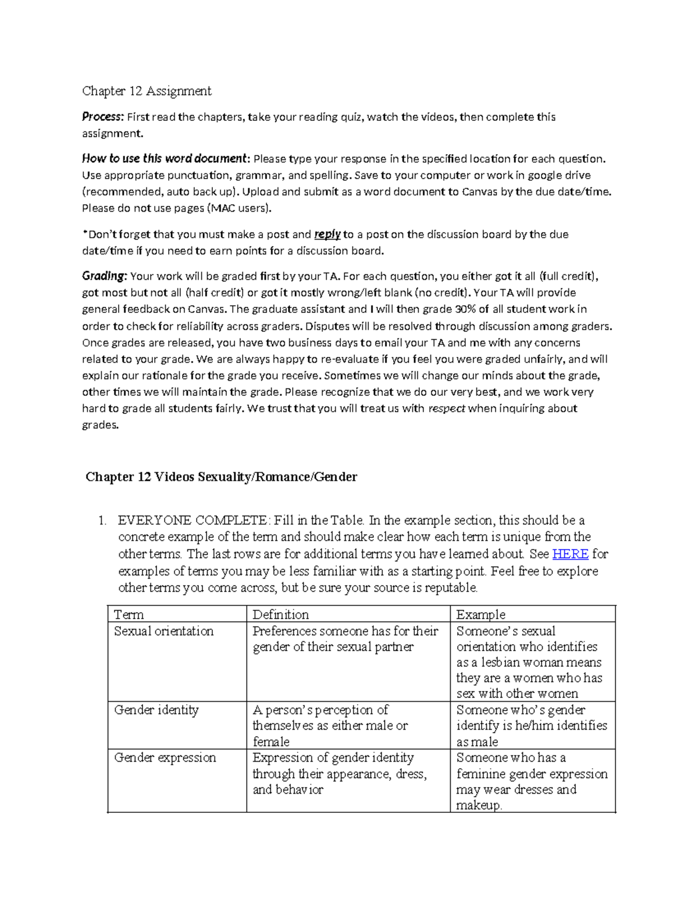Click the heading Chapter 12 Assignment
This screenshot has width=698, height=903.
pos(147,91)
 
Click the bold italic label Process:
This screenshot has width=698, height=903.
pos(103,117)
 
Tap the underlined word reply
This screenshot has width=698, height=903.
pos(327,234)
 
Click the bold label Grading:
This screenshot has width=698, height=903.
pos(104,276)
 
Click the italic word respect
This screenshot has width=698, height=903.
pos(446,409)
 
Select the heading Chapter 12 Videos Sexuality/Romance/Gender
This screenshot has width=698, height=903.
pos(221,477)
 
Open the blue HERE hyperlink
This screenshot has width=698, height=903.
pos(570,554)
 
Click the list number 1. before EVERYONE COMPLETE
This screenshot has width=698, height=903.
pos(102,520)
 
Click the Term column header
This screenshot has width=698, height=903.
pos(129,615)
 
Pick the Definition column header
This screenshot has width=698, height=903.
pos(280,615)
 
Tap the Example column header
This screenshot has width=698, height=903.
pos(480,615)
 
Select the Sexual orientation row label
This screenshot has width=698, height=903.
pos(163,631)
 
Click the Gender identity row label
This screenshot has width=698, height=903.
pos(156,710)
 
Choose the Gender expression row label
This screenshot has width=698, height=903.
pos(165,758)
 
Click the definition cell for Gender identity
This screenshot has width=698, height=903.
pos(330,726)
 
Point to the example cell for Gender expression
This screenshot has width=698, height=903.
pos(531,781)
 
